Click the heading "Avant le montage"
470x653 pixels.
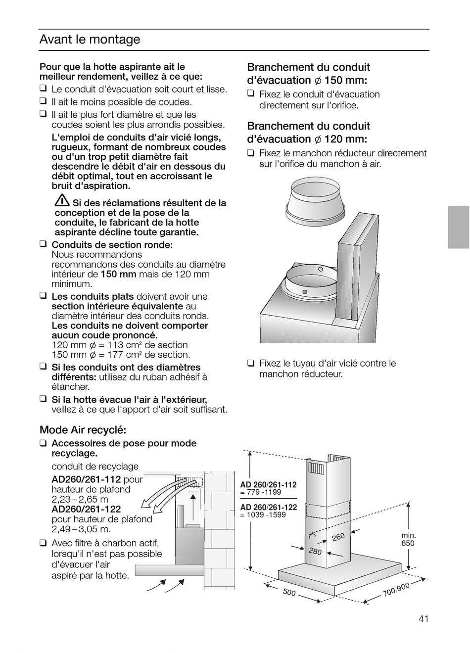90,40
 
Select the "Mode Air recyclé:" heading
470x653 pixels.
83,430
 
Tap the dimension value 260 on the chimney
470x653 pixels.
338,537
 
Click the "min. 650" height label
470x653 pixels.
408,539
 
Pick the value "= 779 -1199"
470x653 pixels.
261,492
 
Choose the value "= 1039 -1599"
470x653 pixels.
263,514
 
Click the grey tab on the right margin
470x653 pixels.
458,227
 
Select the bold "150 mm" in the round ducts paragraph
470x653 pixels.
118,275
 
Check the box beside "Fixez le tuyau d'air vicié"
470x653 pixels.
251,363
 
